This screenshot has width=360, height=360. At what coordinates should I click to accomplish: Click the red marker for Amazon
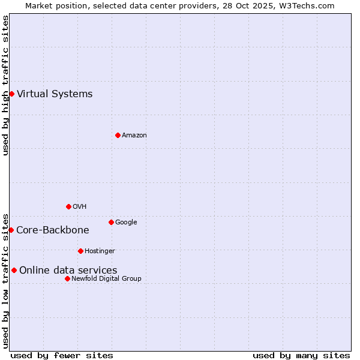point(118,135)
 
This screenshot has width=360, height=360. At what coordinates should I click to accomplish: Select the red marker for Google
point(111,222)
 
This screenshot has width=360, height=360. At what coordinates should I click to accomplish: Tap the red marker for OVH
point(68,206)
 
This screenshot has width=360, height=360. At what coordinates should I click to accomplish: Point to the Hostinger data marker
point(80,251)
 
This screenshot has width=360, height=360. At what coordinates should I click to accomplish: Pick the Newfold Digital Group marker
point(67,278)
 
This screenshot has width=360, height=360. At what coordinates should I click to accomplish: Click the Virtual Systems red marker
point(11,94)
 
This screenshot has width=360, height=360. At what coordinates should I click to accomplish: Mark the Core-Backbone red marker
point(11,230)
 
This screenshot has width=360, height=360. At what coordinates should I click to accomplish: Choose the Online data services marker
point(14,270)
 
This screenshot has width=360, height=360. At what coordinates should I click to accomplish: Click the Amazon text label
point(134,135)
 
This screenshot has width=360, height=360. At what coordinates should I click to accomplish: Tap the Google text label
point(126,222)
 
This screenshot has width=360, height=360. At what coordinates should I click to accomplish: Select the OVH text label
point(80,206)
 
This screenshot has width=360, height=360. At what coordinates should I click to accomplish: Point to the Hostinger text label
point(100,251)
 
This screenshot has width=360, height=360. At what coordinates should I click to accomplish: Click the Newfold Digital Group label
point(106,278)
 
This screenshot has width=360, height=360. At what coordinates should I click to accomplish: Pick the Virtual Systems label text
point(55,94)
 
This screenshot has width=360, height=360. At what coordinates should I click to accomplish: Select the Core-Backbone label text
point(53,230)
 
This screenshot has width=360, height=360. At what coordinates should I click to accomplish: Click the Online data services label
point(68,270)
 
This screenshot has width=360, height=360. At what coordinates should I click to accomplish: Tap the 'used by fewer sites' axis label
point(62,355)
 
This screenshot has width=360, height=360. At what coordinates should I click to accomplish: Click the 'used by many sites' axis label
point(301,355)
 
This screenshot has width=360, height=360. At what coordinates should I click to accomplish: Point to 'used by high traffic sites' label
point(5,85)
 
